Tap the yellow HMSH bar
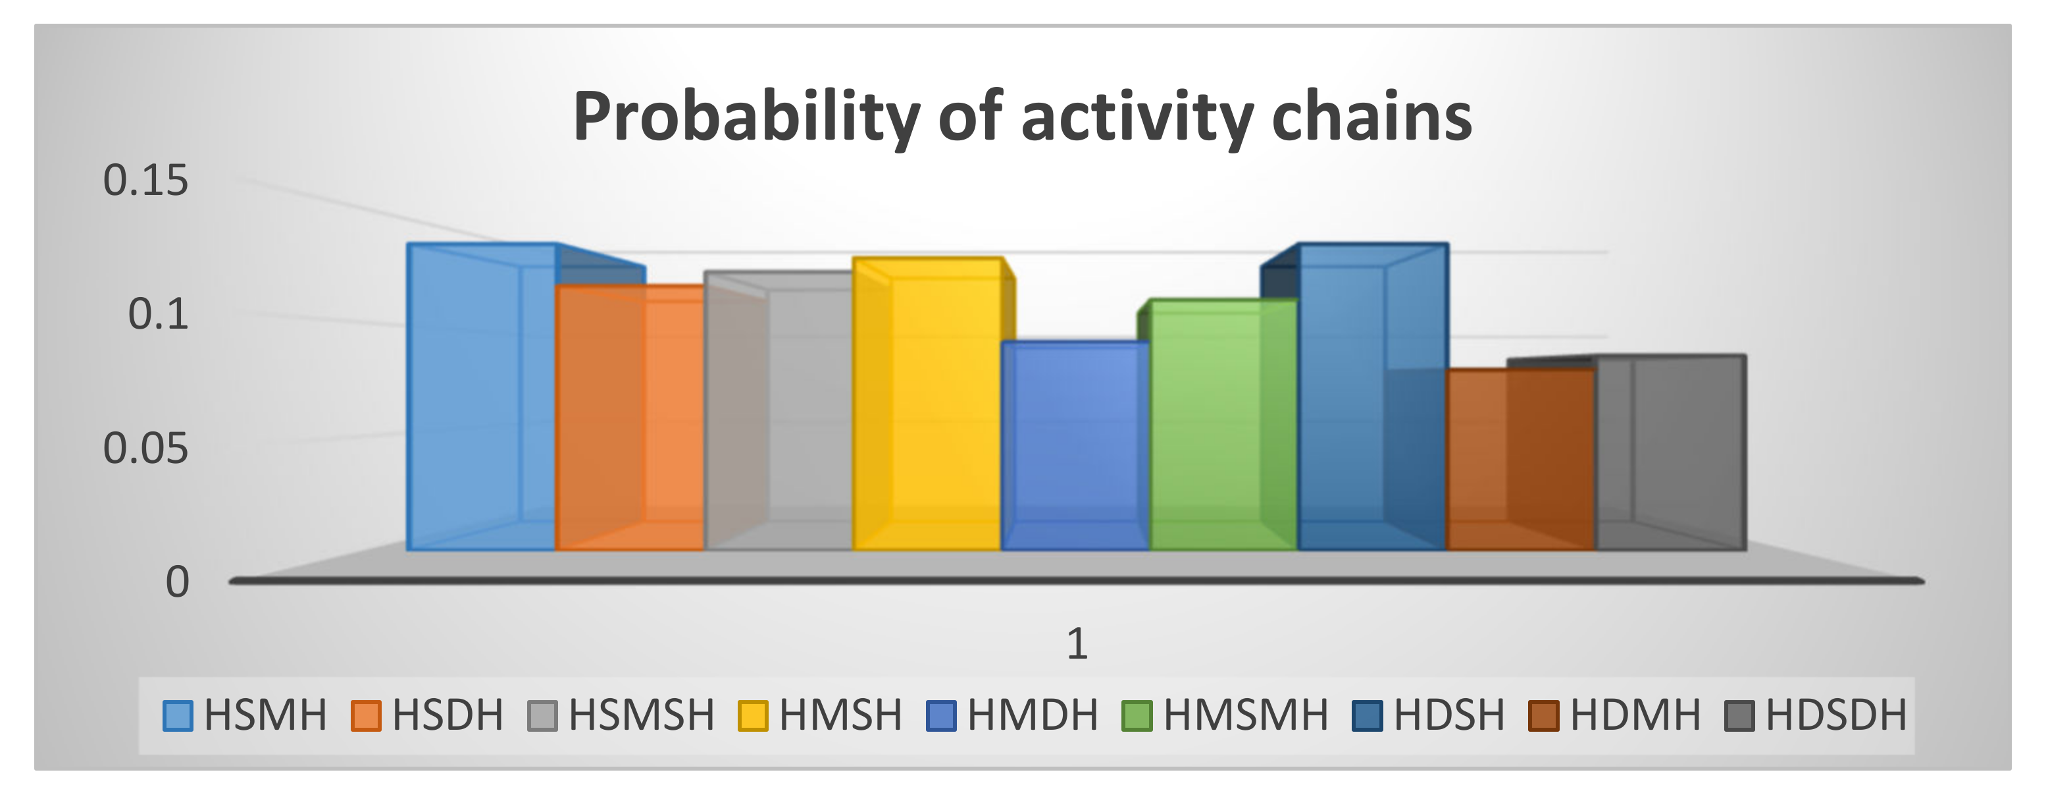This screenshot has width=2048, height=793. (x=926, y=406)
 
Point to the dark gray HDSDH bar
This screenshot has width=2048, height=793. (x=1670, y=453)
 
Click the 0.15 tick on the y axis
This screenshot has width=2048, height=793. (x=145, y=180)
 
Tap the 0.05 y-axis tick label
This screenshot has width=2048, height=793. (x=145, y=449)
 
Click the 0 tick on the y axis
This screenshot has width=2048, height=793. (x=176, y=582)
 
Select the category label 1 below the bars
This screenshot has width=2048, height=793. (x=1077, y=643)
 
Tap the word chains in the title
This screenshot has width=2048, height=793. (x=1371, y=117)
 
